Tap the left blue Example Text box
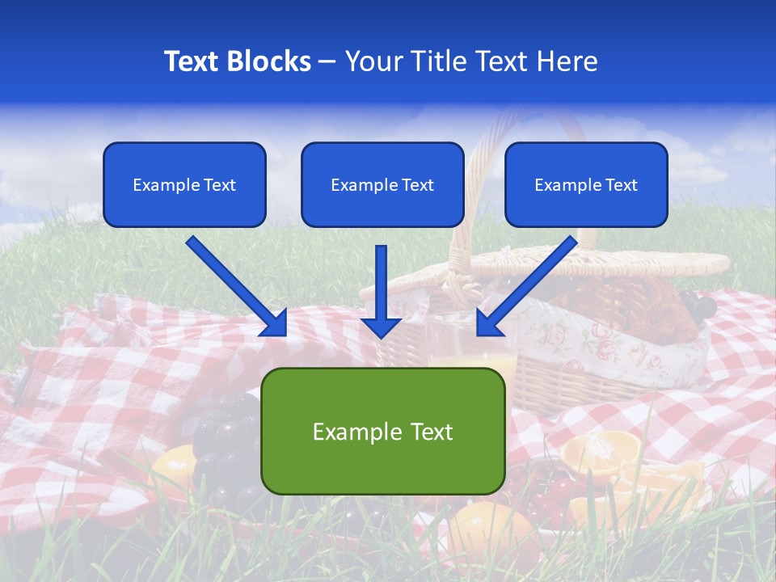[184, 185]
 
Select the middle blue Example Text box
[382, 185]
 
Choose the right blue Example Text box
[586, 185]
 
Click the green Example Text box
[382, 432]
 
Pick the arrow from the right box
[530, 282]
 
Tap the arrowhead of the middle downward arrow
[381, 327]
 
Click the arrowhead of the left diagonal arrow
[275, 323]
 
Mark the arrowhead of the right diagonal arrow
[488, 323]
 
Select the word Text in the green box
[425, 432]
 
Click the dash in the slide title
[327, 62]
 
